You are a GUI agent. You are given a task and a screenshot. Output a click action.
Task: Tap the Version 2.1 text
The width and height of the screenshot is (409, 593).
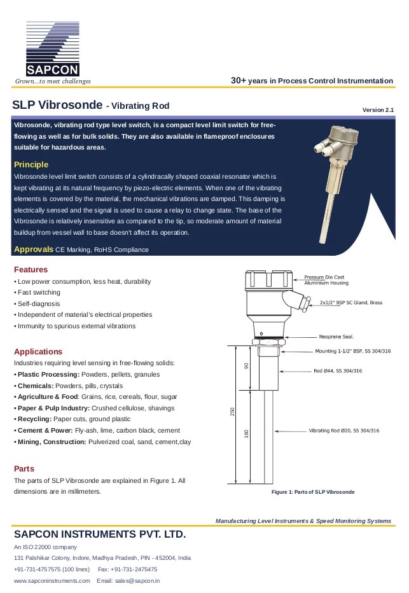click(x=378, y=110)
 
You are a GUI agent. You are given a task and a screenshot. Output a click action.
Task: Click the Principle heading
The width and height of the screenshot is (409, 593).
click(x=31, y=165)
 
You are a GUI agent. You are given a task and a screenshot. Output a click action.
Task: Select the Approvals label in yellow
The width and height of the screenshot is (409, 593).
click(x=34, y=249)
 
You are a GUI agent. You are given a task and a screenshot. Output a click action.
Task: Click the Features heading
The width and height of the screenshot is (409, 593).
click(x=31, y=269)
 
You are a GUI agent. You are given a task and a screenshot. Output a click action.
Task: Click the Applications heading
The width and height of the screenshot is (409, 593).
click(x=38, y=351)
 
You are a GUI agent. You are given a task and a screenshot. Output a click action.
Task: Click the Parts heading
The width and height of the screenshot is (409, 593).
click(x=24, y=468)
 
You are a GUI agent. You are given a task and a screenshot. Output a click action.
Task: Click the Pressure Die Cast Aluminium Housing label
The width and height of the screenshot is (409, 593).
click(x=324, y=280)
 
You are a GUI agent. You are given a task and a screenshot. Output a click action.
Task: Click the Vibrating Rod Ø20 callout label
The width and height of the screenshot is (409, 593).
click(x=343, y=431)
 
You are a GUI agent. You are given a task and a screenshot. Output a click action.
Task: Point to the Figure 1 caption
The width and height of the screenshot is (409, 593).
click(x=312, y=492)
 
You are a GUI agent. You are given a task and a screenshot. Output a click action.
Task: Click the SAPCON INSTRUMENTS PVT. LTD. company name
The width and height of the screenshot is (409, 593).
click(x=100, y=533)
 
